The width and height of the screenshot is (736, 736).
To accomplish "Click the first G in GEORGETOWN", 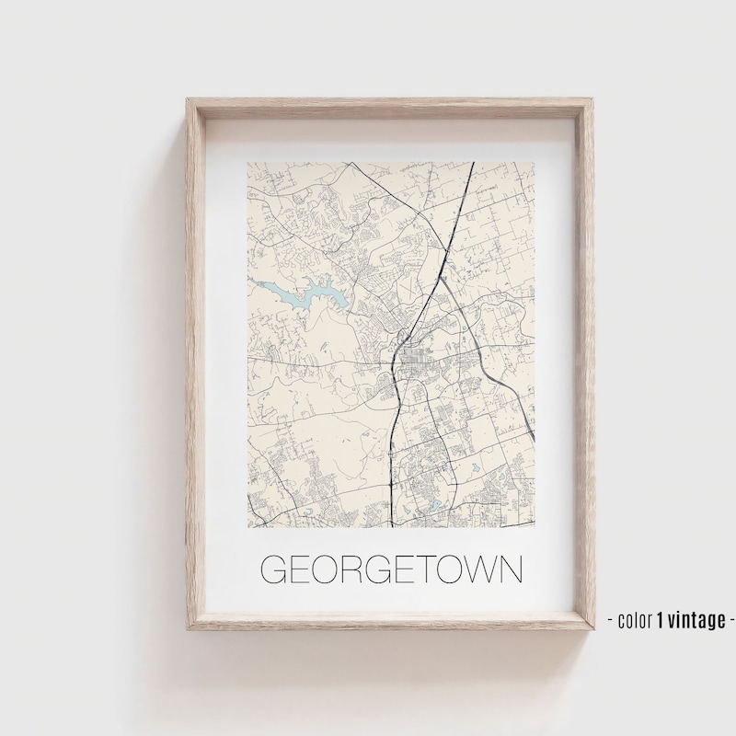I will point(274,569).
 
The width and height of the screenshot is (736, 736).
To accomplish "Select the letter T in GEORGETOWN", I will point(424,569).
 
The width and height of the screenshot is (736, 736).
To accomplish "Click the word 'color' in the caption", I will point(635,619).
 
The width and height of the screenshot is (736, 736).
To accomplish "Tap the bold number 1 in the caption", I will point(660,619).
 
